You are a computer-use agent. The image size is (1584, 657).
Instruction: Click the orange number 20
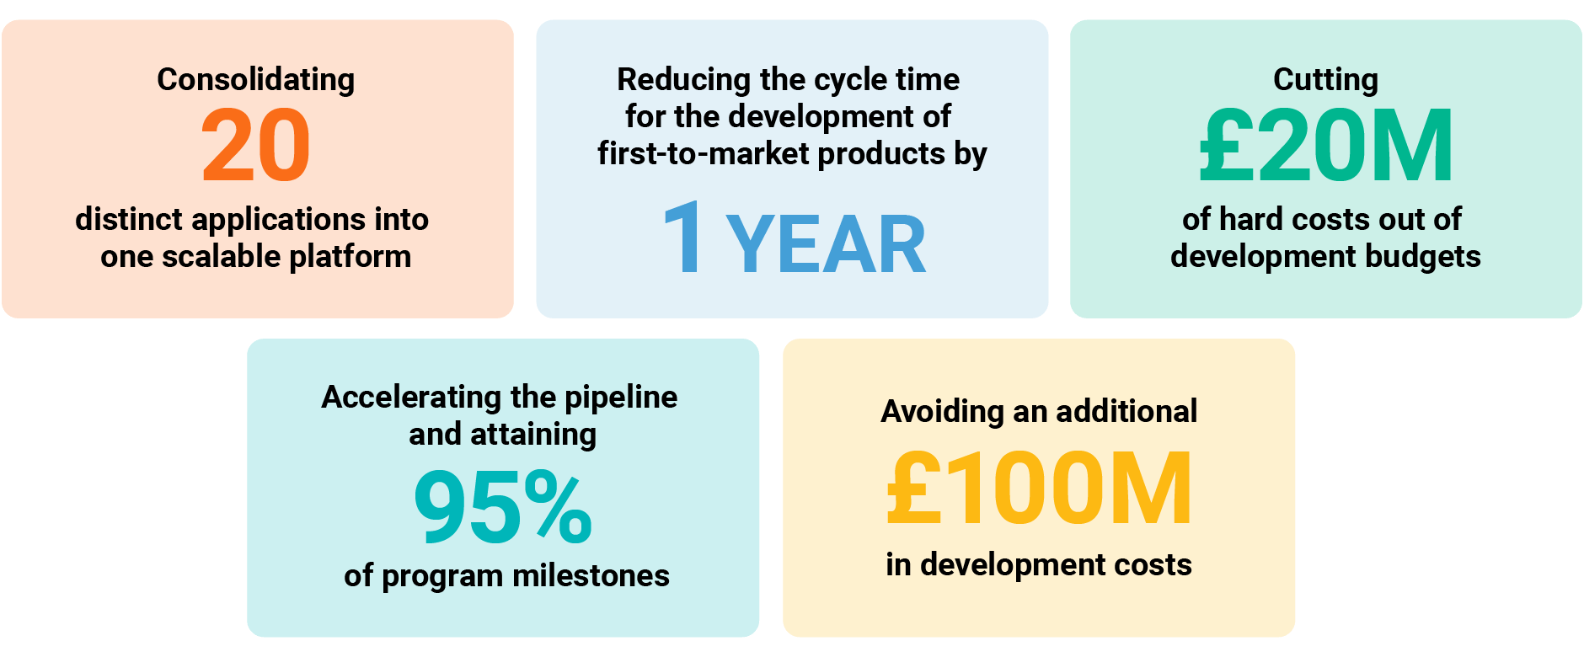[x=256, y=146]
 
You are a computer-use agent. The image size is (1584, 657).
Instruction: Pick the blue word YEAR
[x=827, y=245]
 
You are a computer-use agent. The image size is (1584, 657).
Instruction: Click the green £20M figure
[x=1326, y=146]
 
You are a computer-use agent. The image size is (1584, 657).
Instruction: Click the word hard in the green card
[x=1251, y=219]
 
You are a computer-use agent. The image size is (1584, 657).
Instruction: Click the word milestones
[x=591, y=575]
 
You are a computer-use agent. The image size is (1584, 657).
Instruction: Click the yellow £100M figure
[x=1040, y=488]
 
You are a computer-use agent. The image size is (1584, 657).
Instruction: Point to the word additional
[x=1126, y=411]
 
